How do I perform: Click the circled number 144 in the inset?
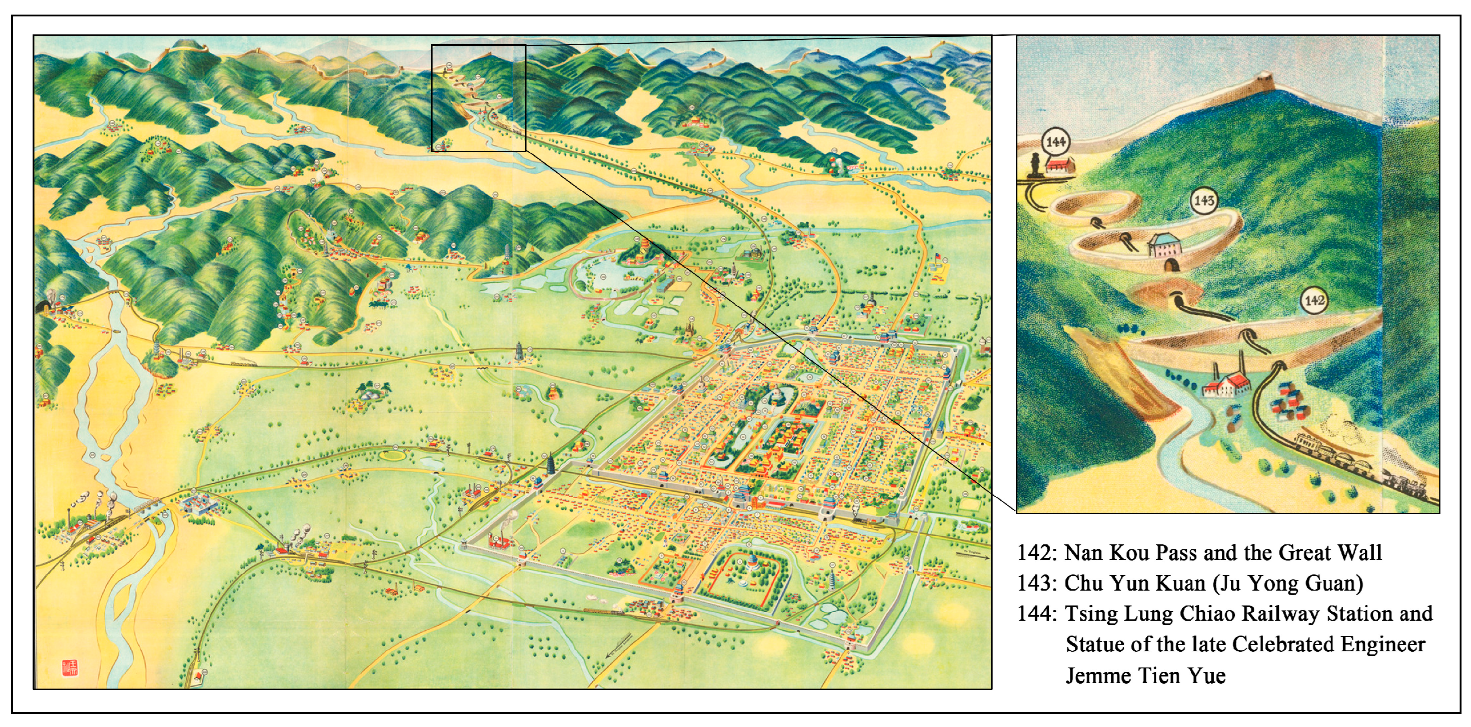click(x=1056, y=142)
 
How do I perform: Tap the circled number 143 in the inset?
click(x=1204, y=200)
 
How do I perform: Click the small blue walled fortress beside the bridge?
click(x=198, y=505)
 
